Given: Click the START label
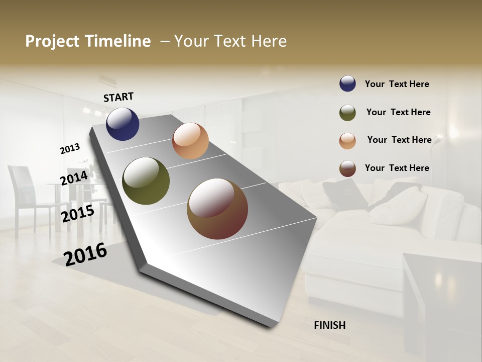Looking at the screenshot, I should click(118, 97).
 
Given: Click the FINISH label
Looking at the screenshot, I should click(329, 325).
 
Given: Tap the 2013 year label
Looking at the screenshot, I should click(70, 149).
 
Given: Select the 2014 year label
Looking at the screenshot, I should click(74, 178).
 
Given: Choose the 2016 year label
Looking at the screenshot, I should click(85, 254).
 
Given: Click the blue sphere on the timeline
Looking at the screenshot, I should click(123, 124).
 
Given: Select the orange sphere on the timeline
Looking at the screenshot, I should click(190, 141).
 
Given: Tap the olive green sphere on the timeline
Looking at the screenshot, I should click(146, 181).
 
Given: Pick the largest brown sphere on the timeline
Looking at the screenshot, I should click(217, 209).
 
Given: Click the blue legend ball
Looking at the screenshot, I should click(347, 84).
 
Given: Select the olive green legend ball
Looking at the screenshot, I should click(347, 113).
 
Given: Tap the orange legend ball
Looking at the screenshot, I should click(347, 141).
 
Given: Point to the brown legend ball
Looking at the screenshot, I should click(347, 168).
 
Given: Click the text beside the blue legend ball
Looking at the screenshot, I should click(397, 84).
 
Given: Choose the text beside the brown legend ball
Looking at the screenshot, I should click(397, 168).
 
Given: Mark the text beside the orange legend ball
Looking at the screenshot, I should click(399, 140).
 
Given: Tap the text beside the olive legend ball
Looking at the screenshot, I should click(398, 112).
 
